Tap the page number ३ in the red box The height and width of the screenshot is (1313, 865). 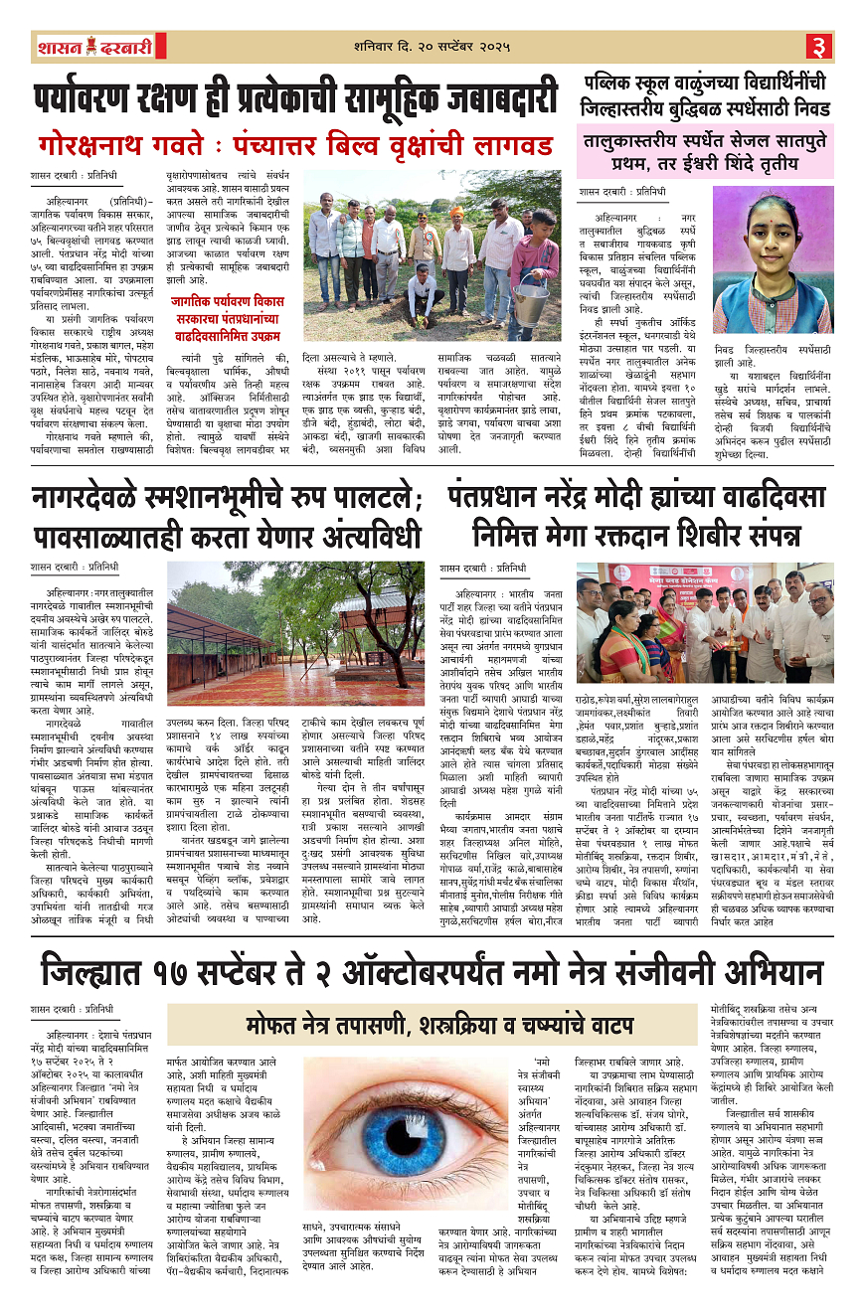[x=821, y=47]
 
